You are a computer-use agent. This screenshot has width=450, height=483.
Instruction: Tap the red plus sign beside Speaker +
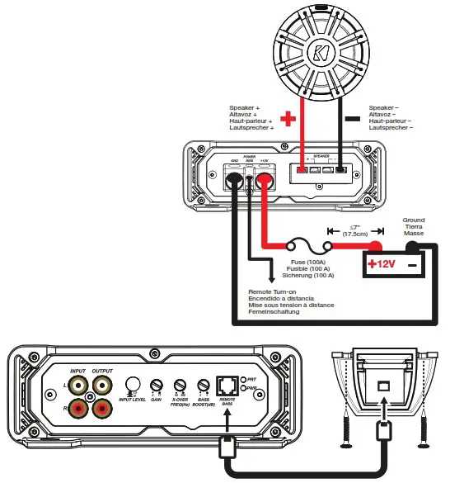[x=288, y=118]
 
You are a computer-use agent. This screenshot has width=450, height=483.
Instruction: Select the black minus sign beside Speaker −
[x=352, y=118]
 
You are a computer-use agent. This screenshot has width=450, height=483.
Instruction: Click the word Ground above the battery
[x=414, y=220]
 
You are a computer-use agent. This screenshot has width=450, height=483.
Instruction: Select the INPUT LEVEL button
[x=129, y=384]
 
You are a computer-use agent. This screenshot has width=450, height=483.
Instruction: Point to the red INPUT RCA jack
[x=79, y=407]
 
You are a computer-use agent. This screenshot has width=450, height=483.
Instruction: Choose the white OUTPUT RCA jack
[x=102, y=384]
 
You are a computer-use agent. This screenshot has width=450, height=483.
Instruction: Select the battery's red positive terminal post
[x=374, y=245]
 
